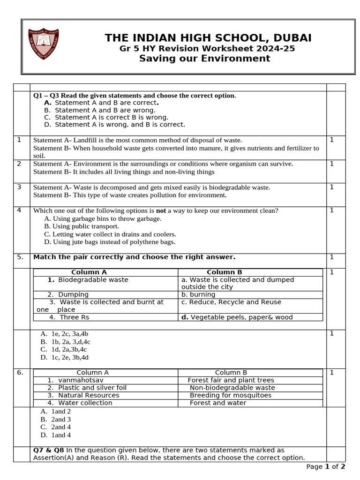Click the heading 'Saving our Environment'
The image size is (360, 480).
204,58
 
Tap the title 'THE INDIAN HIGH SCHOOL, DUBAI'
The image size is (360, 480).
208,38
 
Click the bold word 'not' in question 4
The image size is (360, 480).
161,211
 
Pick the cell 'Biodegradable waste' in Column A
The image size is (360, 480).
93,280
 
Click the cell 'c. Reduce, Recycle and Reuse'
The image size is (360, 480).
231,302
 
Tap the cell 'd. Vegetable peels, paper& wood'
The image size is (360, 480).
237,317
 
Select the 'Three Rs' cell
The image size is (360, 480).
74,317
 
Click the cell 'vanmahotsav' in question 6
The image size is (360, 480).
81,380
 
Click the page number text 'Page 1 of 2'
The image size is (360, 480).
325,466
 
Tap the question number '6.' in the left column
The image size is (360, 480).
20,373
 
